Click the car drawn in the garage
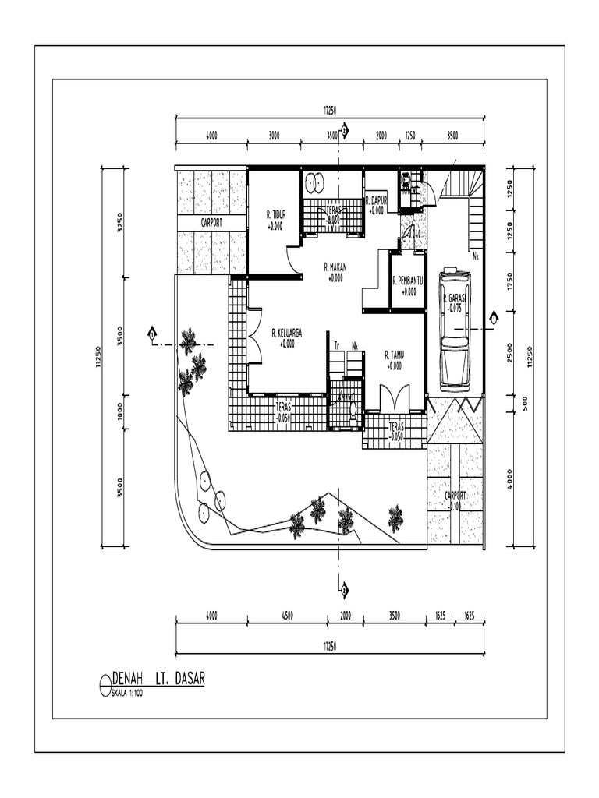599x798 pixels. tap(455, 329)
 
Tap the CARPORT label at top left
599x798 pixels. tap(211, 222)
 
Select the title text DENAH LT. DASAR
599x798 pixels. tap(158, 679)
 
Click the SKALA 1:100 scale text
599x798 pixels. tap(128, 693)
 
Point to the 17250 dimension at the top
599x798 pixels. tap(331, 111)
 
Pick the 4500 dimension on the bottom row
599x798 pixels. tap(287, 616)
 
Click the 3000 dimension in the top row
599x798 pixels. tap(274, 136)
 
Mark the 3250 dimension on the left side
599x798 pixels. tap(120, 222)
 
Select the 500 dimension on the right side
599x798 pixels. tap(525, 402)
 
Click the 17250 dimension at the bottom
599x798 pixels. tap(331, 647)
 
